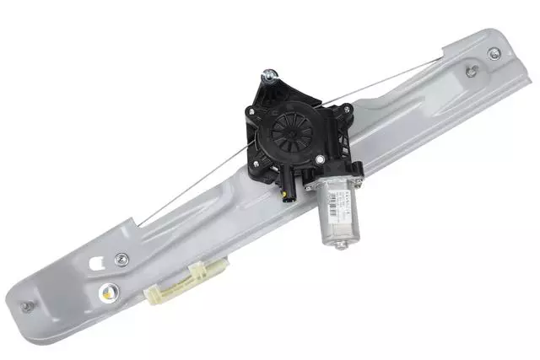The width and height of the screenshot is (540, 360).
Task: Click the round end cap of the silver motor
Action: (341, 244)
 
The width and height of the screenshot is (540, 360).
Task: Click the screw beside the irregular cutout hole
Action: (123, 257)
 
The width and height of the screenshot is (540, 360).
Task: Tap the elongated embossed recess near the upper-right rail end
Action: (447, 92)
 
